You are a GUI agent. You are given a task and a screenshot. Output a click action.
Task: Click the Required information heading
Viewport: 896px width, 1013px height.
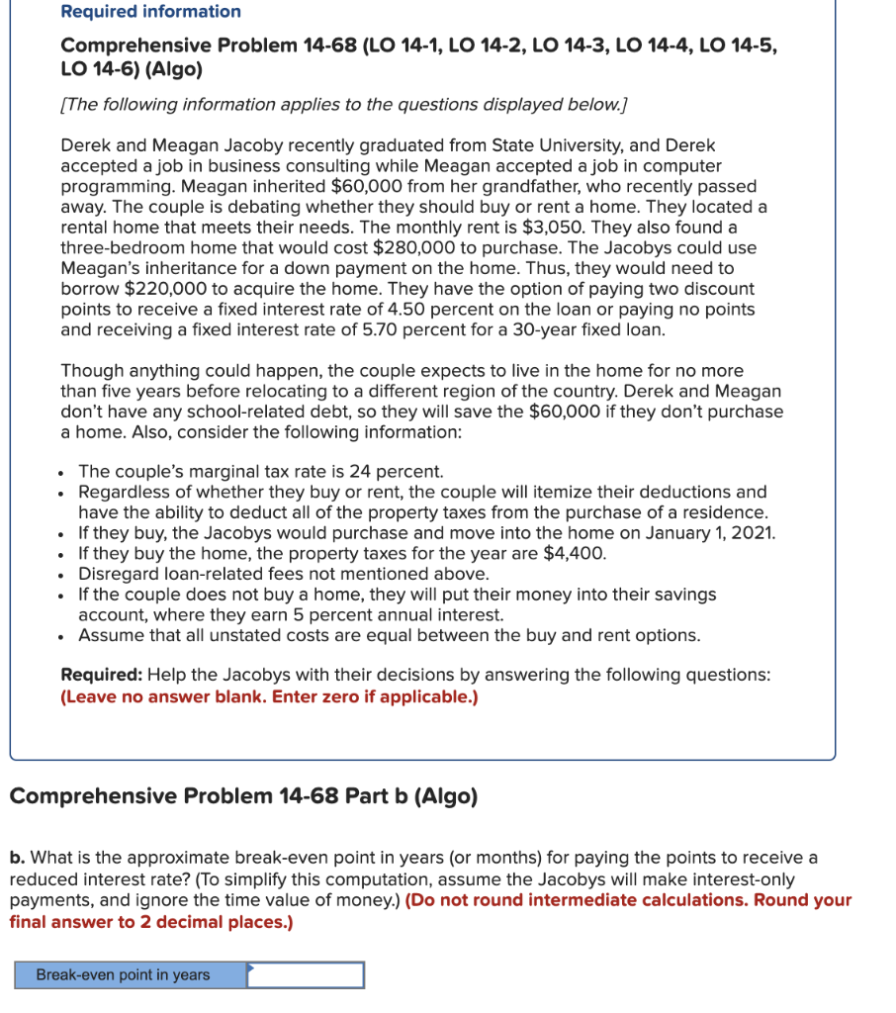pos(150,12)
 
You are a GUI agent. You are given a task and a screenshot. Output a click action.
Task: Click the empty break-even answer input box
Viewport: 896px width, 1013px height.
pos(306,975)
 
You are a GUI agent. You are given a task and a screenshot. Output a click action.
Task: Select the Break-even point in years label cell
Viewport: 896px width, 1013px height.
pos(124,975)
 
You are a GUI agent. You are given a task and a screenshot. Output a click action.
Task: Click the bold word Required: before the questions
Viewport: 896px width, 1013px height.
pos(102,676)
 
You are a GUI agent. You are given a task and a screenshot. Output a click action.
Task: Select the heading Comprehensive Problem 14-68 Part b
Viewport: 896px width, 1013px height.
pos(243,796)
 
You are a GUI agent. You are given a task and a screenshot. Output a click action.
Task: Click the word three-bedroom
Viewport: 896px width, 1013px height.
pos(120,248)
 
